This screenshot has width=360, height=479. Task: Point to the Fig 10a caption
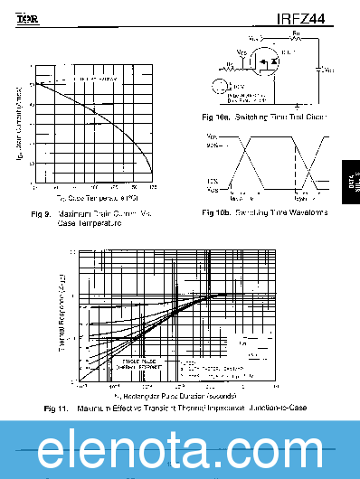point(265,117)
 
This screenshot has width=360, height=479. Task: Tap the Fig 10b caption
point(265,212)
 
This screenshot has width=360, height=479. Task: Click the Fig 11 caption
point(176,409)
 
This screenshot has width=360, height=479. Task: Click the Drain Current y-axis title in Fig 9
point(19,123)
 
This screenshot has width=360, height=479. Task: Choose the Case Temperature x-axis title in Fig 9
point(97,197)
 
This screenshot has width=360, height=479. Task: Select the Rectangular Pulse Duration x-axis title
point(176,396)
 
